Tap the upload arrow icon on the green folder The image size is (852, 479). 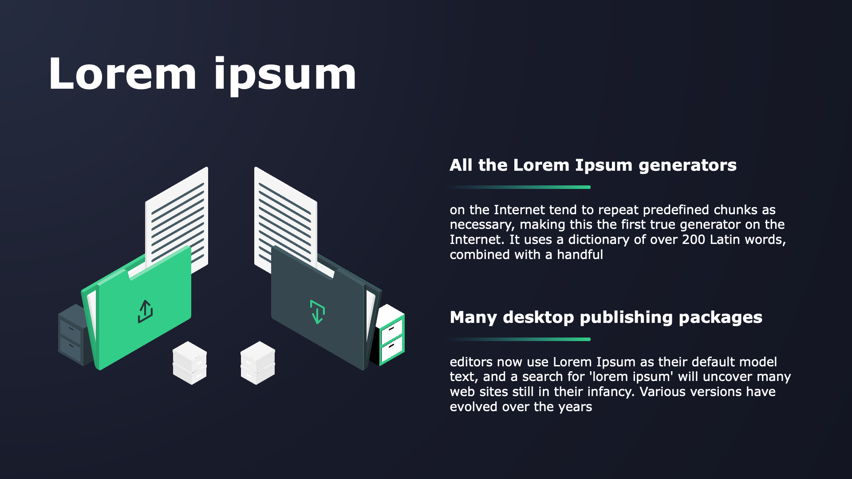click(x=145, y=311)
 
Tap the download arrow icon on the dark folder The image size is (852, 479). click(x=317, y=312)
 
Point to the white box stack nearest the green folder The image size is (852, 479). click(x=190, y=363)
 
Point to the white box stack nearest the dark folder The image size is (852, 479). click(x=258, y=363)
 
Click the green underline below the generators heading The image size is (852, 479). click(x=519, y=187)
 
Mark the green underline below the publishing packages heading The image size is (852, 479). click(x=519, y=339)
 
